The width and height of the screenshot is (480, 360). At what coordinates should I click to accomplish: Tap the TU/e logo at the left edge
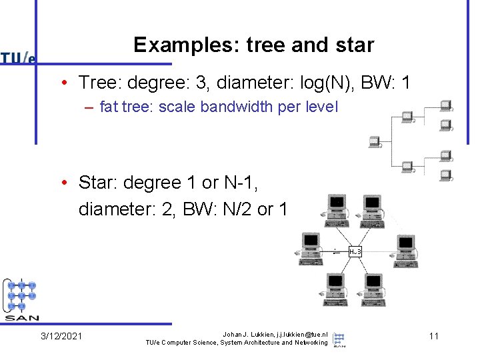pos(18,58)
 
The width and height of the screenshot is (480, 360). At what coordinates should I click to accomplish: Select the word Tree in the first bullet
pos(93,83)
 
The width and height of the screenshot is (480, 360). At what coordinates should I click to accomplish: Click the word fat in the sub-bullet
pos(109,107)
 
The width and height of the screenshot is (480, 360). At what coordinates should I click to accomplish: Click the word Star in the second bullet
pos(94,182)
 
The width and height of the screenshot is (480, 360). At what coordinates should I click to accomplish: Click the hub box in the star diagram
pos(355,251)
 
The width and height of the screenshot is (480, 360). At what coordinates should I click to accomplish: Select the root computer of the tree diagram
pos(374,141)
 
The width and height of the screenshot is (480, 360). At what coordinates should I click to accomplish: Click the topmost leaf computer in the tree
pos(446,107)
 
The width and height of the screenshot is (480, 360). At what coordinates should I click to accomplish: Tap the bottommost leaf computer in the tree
pos(446,176)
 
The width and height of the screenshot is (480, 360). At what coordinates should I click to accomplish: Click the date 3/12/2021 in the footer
pos(61,336)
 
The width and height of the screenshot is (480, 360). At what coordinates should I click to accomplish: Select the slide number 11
pos(434,336)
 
